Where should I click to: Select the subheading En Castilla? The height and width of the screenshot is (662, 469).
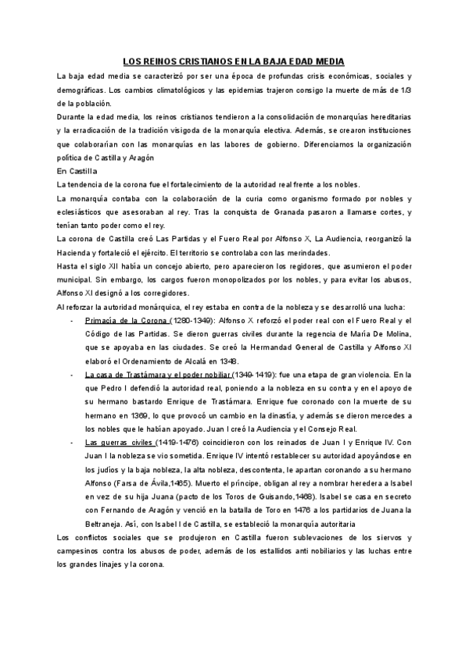(x=77, y=170)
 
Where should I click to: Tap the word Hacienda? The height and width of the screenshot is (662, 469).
(x=77, y=253)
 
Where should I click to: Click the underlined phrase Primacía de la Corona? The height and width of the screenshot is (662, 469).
(x=126, y=321)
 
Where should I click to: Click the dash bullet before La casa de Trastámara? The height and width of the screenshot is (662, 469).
(x=72, y=375)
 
